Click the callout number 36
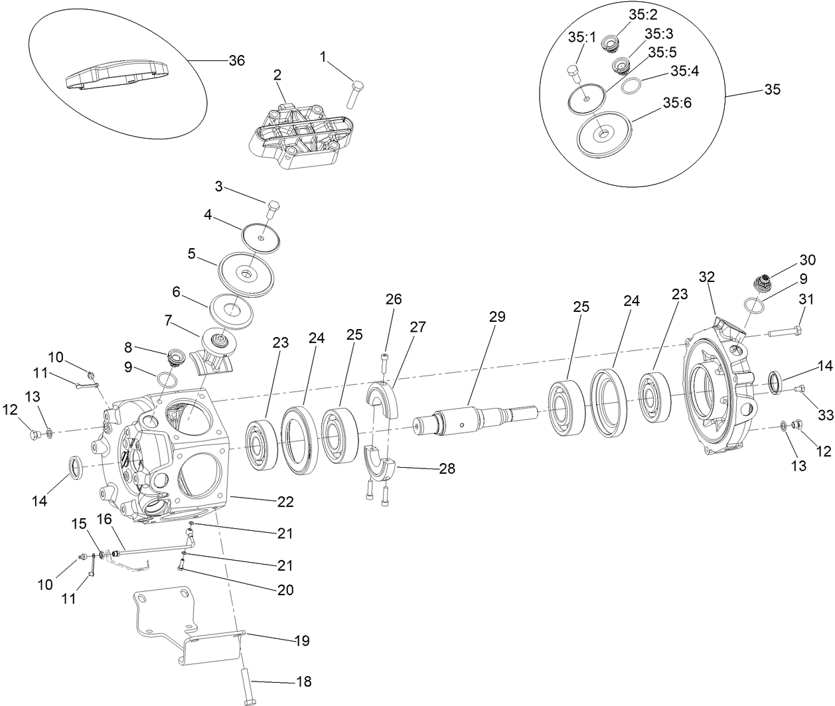(x=236, y=60)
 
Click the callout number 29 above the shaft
(x=496, y=317)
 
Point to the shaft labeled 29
(x=471, y=418)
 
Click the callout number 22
(x=285, y=502)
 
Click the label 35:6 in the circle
(x=676, y=103)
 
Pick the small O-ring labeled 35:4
(x=631, y=86)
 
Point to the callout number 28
(x=447, y=468)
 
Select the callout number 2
(x=277, y=74)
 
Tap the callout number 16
(x=105, y=518)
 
